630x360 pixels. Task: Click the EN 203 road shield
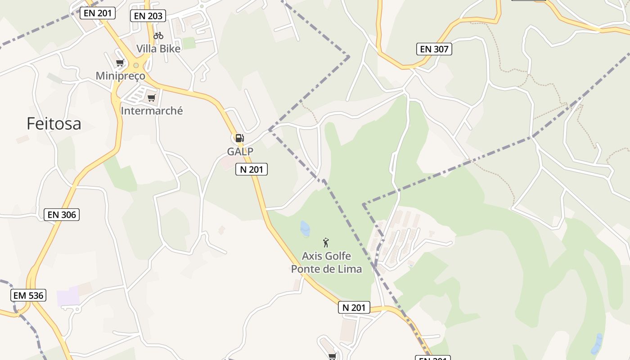pos(148,16)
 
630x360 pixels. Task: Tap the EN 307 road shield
pos(434,49)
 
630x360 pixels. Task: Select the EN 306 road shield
pos(62,215)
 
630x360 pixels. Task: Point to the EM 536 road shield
pos(28,295)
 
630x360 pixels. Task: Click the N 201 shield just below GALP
pos(252,169)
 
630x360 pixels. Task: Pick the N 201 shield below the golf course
pos(354,307)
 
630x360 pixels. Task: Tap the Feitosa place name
pos(54,123)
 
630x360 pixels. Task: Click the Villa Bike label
pos(158,49)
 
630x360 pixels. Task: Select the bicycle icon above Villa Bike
pos(158,36)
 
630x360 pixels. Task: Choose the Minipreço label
pos(121,76)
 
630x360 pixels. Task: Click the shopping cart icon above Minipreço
pos(120,63)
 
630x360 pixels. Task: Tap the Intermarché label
pos(152,111)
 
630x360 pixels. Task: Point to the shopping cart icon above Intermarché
pos(151,98)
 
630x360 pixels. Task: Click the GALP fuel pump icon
pos(240,138)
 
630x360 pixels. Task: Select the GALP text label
pos(240,152)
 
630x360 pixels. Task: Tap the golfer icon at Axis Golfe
pos(326,243)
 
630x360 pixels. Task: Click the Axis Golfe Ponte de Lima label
pos(326,262)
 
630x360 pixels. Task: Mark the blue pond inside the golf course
pos(305,229)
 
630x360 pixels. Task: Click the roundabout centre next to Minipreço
pos(136,66)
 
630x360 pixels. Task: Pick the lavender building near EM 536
pos(68,297)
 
